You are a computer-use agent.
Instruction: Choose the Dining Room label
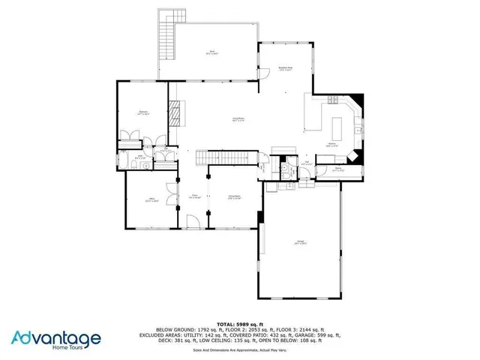click(x=234, y=198)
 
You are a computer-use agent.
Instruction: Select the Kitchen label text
click(x=332, y=145)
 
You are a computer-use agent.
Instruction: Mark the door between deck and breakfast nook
click(x=262, y=72)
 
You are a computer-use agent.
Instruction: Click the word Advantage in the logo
click(x=56, y=337)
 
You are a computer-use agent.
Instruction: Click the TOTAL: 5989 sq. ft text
click(x=239, y=322)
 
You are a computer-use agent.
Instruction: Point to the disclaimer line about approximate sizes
click(x=239, y=349)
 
